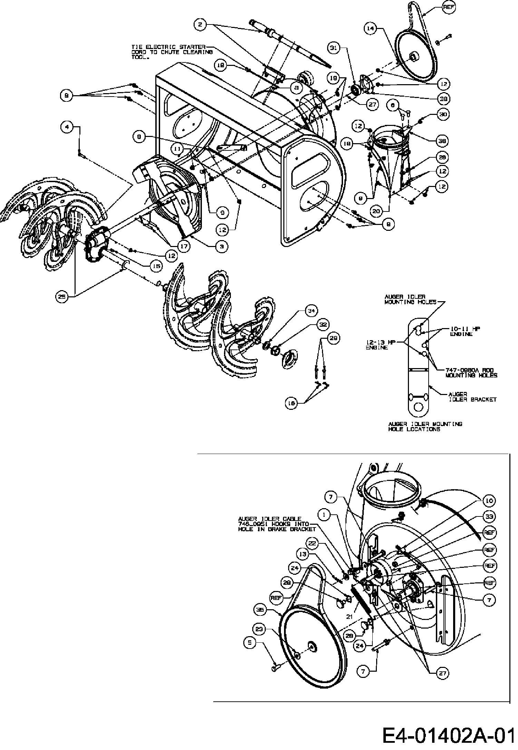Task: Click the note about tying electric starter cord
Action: pyautogui.click(x=172, y=52)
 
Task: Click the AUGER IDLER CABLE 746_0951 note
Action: pyautogui.click(x=276, y=524)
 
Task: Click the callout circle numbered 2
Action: pyautogui.click(x=201, y=24)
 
